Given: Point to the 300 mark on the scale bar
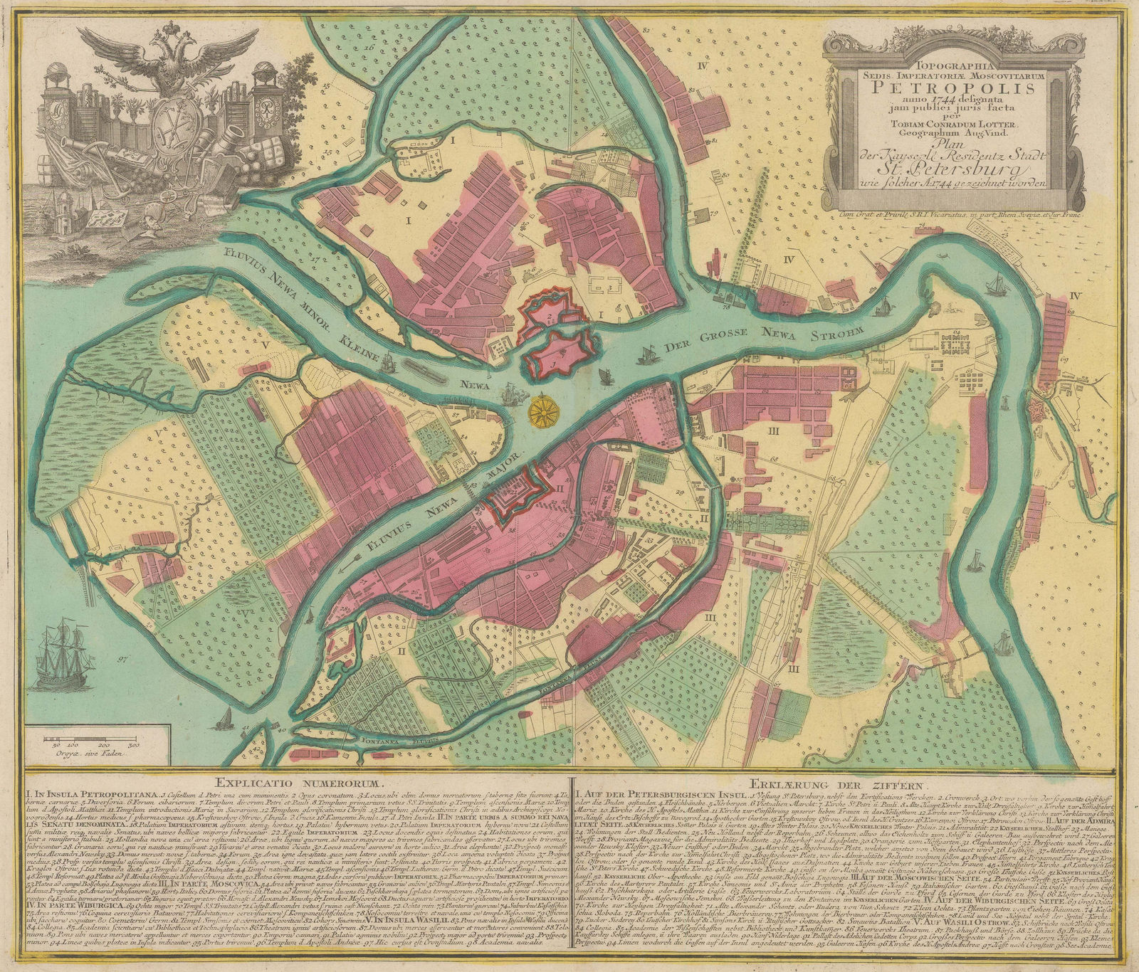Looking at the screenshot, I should click(132, 745).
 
